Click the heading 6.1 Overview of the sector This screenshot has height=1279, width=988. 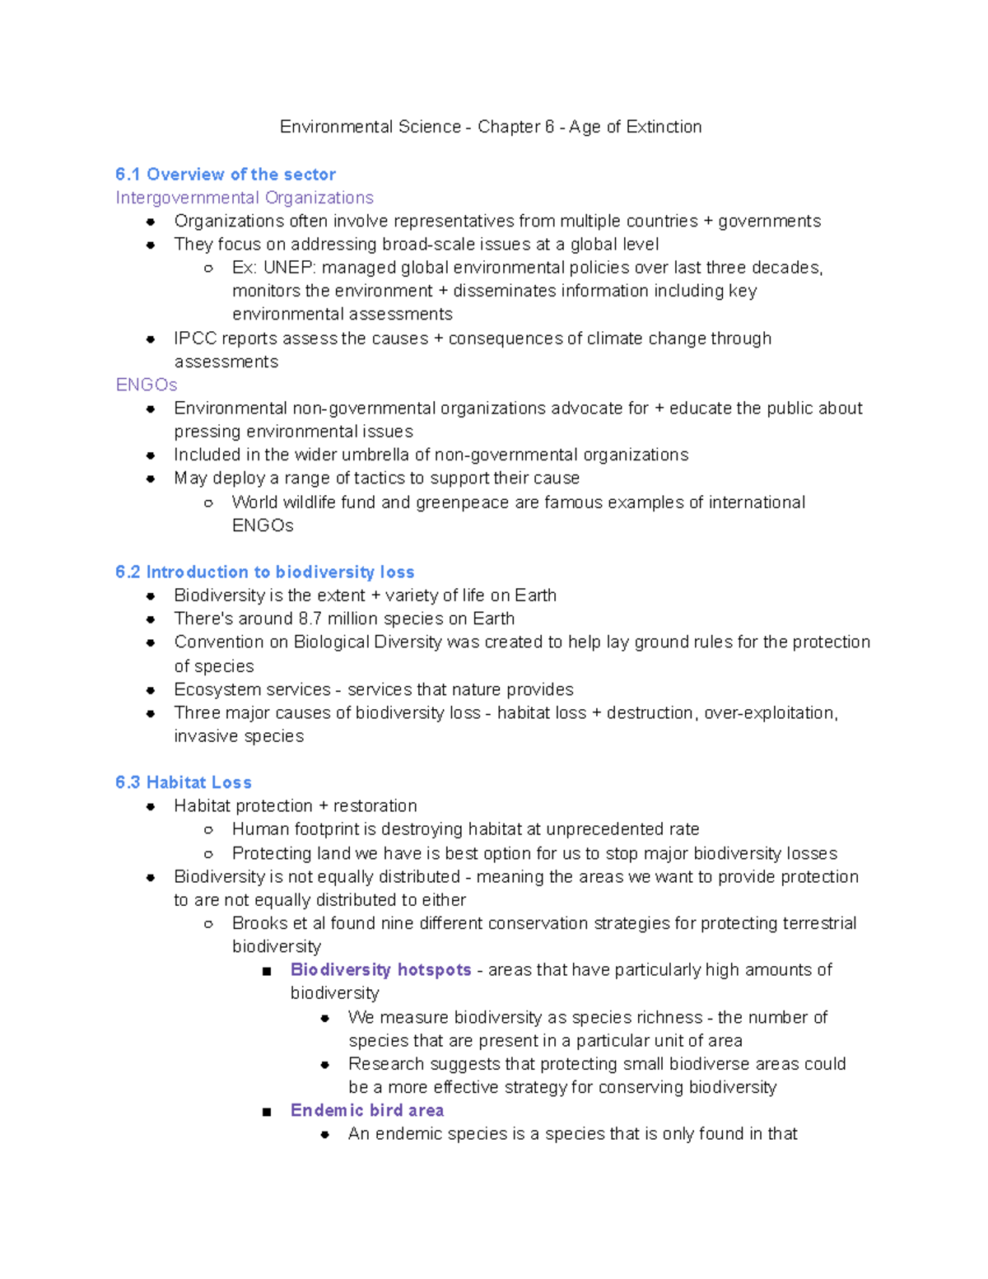pos(226,175)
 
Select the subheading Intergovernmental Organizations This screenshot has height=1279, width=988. pos(245,198)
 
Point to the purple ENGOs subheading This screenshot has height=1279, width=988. pos(147,385)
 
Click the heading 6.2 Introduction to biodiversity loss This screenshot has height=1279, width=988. pos(264,572)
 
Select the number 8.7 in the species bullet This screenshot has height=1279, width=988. pos(310,618)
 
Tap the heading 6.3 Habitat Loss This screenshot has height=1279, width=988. pos(184,782)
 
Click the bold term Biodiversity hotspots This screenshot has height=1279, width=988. pos(380,970)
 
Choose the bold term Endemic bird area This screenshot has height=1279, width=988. pos(367,1110)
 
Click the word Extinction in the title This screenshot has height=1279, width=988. pos(664,127)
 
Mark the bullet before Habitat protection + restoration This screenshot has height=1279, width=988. pos(151,806)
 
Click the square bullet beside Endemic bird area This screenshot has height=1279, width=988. pos(266,1112)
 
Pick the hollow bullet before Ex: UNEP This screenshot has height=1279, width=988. pos(208,268)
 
